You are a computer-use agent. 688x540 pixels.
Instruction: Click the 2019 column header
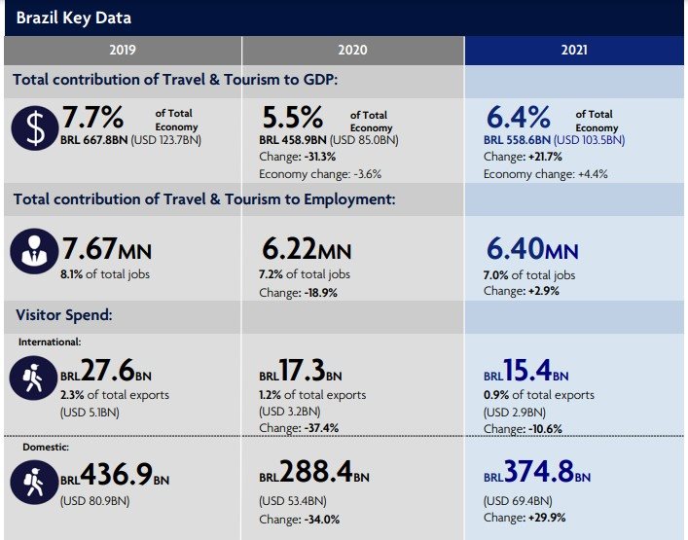click(123, 50)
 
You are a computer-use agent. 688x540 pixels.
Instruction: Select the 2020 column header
click(352, 50)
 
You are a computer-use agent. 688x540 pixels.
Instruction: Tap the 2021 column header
click(574, 50)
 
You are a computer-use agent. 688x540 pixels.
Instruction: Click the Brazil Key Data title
click(74, 18)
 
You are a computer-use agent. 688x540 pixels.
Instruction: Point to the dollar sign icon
click(35, 128)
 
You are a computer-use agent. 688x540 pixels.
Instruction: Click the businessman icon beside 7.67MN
click(34, 251)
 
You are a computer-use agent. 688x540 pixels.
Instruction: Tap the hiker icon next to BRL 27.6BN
click(33, 378)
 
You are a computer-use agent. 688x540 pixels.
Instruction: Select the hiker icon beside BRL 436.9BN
click(34, 482)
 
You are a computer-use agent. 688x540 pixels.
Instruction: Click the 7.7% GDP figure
click(92, 117)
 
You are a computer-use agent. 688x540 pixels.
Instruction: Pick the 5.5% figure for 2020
click(293, 118)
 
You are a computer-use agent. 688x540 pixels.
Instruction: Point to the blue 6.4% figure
click(519, 118)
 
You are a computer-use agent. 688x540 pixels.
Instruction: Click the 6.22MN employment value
click(307, 249)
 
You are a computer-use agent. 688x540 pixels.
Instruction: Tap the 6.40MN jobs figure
click(532, 249)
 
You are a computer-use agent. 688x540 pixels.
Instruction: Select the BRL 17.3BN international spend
click(301, 371)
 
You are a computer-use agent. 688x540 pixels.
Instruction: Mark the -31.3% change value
click(320, 157)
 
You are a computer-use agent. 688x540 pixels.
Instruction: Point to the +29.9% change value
click(547, 518)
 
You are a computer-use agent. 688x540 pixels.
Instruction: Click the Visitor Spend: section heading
click(64, 315)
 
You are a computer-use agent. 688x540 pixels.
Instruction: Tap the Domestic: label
click(46, 447)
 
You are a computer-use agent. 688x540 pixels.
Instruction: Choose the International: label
click(50, 342)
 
